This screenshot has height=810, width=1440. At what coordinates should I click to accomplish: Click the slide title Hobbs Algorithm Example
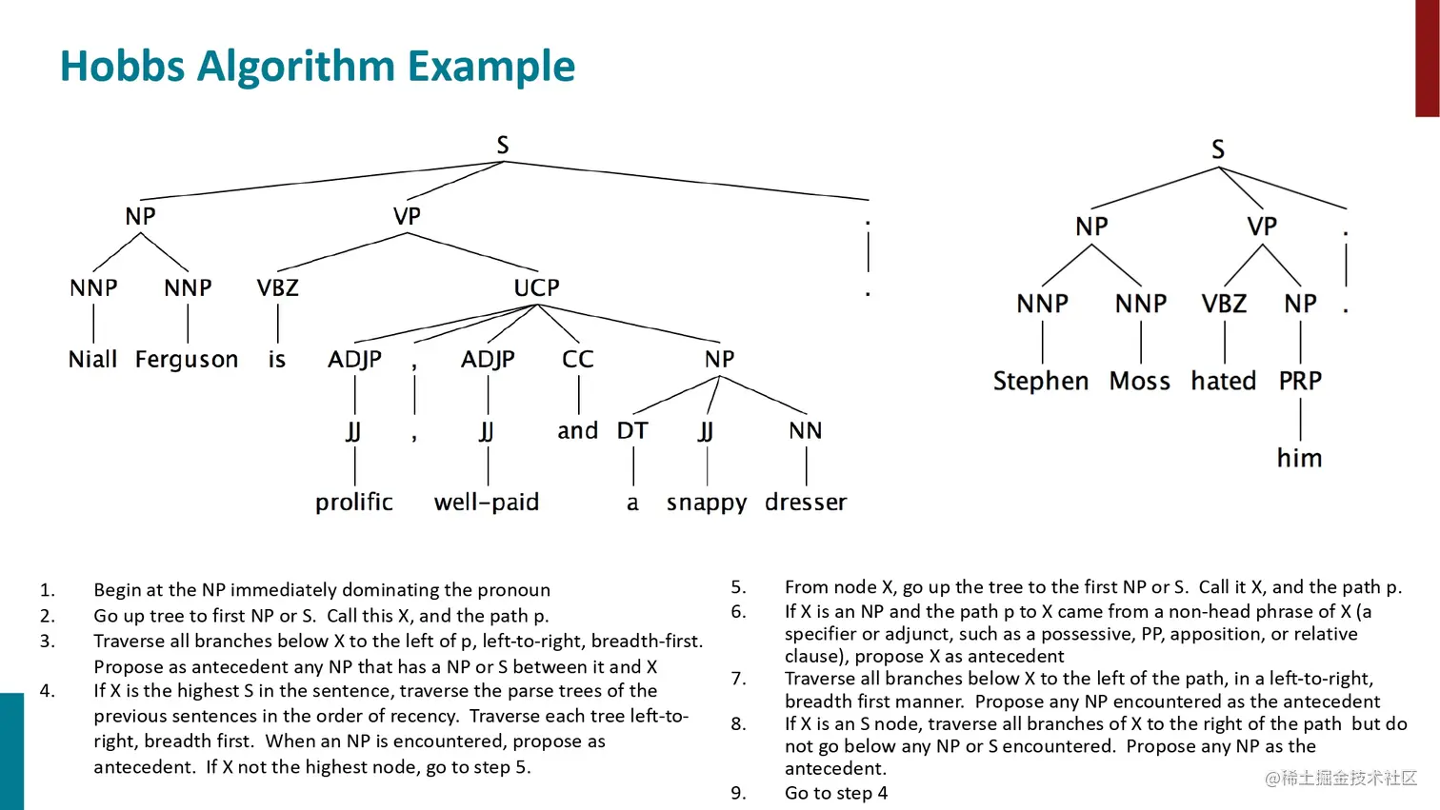click(317, 67)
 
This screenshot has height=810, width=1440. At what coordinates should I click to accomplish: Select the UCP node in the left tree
click(536, 287)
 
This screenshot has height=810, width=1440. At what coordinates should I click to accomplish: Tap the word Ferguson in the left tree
click(187, 360)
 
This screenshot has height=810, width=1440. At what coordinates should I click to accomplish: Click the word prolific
click(353, 502)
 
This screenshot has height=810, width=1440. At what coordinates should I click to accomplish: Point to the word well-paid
click(486, 502)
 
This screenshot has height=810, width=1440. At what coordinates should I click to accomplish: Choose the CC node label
click(577, 360)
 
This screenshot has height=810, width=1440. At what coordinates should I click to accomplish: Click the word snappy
click(706, 503)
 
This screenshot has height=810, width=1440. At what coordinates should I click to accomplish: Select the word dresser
click(805, 502)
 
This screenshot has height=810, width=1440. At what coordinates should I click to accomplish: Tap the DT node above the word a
click(632, 431)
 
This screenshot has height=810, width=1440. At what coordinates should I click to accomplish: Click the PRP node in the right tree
click(1299, 381)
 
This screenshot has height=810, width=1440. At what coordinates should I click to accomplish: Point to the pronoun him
click(1299, 458)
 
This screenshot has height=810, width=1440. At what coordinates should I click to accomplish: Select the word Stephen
click(1040, 381)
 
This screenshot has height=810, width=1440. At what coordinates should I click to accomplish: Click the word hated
click(1223, 381)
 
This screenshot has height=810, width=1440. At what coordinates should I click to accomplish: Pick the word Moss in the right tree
click(1139, 381)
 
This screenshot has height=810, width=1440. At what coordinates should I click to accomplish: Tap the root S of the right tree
click(1217, 149)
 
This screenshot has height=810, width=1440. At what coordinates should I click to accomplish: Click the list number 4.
click(47, 691)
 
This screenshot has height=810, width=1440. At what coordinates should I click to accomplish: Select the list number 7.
click(738, 679)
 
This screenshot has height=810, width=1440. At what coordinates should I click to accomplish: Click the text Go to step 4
click(835, 793)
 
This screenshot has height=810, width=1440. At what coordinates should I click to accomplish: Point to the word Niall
click(92, 360)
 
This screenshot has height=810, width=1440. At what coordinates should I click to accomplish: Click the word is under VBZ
click(276, 360)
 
